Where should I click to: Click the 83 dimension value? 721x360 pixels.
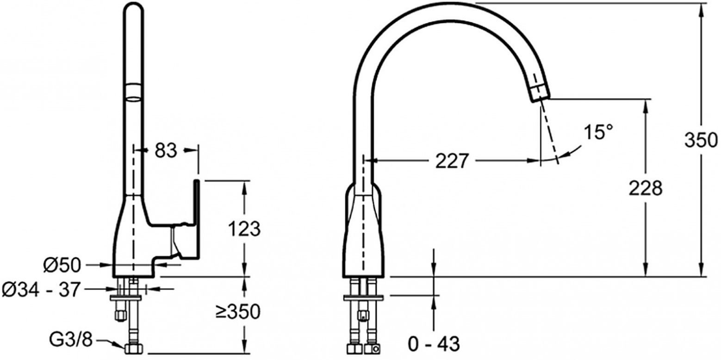pyautogui.click(x=166, y=150)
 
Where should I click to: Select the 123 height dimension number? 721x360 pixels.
pyautogui.click(x=244, y=229)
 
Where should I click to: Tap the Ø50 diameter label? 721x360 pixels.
pyautogui.click(x=62, y=266)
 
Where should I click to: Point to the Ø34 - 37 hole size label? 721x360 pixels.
pyautogui.click(x=41, y=290)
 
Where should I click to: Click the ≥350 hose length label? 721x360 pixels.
pyautogui.click(x=238, y=311)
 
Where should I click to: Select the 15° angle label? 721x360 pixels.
pyautogui.click(x=598, y=132)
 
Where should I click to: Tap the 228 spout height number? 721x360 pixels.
pyautogui.click(x=646, y=188)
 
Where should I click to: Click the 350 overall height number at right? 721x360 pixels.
pyautogui.click(x=701, y=140)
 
